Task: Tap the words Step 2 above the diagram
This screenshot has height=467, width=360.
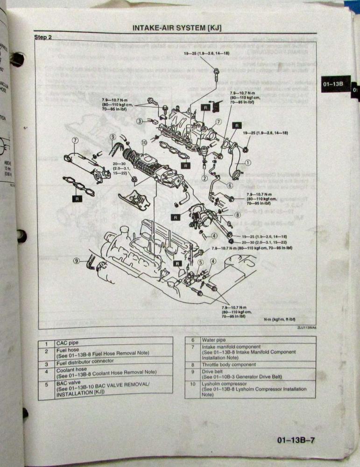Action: pos(43,37)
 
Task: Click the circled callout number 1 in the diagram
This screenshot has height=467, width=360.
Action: pos(248,163)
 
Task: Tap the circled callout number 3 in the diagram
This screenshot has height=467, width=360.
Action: pos(140,121)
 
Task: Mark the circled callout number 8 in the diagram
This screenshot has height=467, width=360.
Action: pos(238,215)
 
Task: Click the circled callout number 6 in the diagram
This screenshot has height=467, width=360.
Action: pos(230,185)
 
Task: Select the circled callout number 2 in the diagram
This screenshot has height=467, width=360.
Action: pos(205,178)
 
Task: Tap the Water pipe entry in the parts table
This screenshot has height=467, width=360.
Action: pos(214,340)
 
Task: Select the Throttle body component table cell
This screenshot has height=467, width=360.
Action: pos(229,364)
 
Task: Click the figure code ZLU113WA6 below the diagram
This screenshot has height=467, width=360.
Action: pos(306,327)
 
